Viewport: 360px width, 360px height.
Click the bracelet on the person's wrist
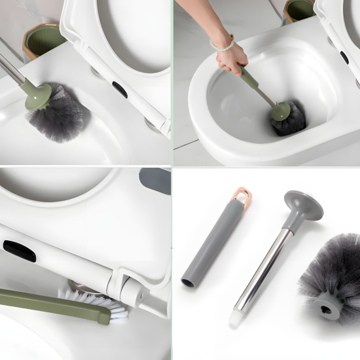click(x=223, y=45)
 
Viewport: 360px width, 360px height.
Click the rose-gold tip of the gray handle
click(x=243, y=196)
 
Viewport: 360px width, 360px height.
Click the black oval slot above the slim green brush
click(x=19, y=250)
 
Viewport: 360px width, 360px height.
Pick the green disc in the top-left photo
click(x=38, y=96)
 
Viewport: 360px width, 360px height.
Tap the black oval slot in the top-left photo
click(x=120, y=89)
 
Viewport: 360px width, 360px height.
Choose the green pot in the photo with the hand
click(x=299, y=10)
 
